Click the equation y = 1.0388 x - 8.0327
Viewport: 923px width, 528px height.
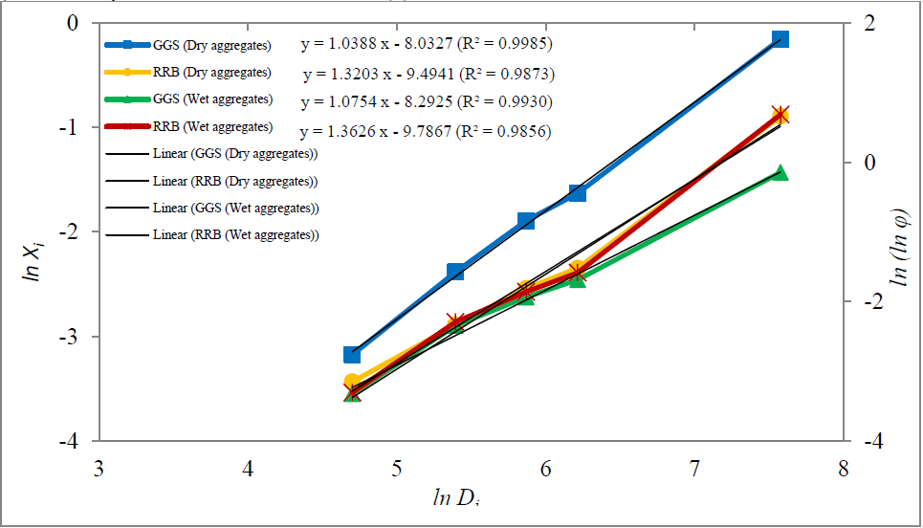[x=426, y=44]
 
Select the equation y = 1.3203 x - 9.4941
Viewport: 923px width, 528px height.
[x=429, y=74]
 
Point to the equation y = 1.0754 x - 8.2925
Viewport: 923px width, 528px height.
[x=426, y=101]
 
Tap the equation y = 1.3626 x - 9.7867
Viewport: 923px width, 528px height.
[x=425, y=132]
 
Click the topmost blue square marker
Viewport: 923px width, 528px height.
[x=780, y=39]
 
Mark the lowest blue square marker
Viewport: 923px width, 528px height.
[x=352, y=355]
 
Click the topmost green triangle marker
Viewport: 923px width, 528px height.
[x=780, y=173]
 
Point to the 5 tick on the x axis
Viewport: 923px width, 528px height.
[x=396, y=470]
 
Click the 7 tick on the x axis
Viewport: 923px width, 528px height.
[x=694, y=470]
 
